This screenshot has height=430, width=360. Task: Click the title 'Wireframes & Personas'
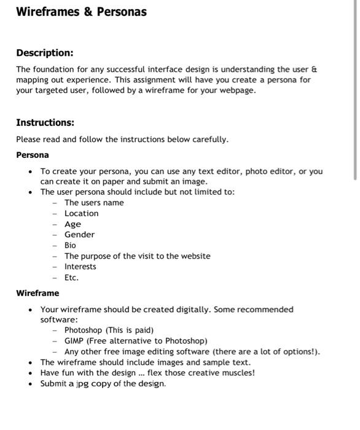point(81,12)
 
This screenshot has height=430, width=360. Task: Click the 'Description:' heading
point(44,53)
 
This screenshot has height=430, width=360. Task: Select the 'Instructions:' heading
point(45,122)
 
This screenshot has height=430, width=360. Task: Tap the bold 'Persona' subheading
point(33,155)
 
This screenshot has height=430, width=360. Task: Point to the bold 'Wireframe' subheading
point(37,293)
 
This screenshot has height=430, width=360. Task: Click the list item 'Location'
point(81,213)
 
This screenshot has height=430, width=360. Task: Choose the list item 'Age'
point(72,224)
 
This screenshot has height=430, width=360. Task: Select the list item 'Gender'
point(79,235)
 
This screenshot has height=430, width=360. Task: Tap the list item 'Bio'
point(70,245)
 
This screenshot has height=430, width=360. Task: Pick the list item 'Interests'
point(80,267)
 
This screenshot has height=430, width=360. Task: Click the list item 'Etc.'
point(71,278)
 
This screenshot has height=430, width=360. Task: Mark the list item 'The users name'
point(94,203)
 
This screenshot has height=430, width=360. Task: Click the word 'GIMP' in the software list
point(74,341)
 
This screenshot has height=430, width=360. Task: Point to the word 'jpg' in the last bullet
point(83,384)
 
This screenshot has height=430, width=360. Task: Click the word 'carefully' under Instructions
point(208,139)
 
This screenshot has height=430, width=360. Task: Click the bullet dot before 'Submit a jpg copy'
point(31,384)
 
